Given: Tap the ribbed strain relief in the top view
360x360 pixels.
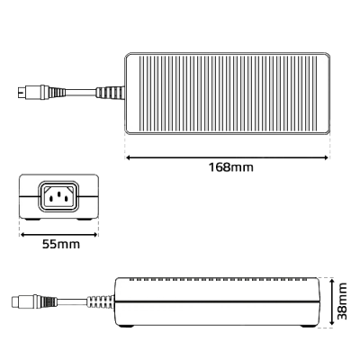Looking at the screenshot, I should (109, 92).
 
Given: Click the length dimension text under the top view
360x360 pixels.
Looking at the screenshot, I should (229, 167).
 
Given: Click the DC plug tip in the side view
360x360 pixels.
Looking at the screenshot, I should (18, 301).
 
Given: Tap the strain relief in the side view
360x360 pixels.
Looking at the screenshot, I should (100, 301).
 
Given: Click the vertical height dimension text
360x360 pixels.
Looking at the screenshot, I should (342, 301).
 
